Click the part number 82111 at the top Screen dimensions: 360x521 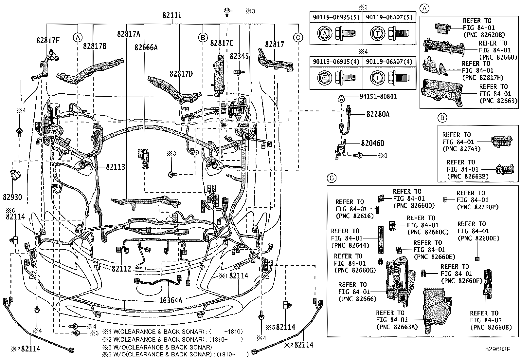pyautogui.click(x=172, y=16)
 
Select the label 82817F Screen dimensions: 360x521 pyautogui.click(x=48, y=40)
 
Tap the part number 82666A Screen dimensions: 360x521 pyautogui.click(x=146, y=47)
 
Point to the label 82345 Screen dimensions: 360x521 pyautogui.click(x=239, y=56)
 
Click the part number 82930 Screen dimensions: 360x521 pyautogui.click(x=12, y=197)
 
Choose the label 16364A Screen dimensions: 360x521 pyautogui.click(x=171, y=299)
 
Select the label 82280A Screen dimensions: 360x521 pyautogui.click(x=378, y=114)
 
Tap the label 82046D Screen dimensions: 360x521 pyautogui.click(x=373, y=143)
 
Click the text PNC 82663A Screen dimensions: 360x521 pyautogui.click(x=397, y=327)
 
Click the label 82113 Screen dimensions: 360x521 pyautogui.click(x=116, y=167)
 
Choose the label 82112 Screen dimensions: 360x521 pyautogui.click(x=121, y=269)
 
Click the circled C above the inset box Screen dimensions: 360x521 pyautogui.click(x=332, y=178)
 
